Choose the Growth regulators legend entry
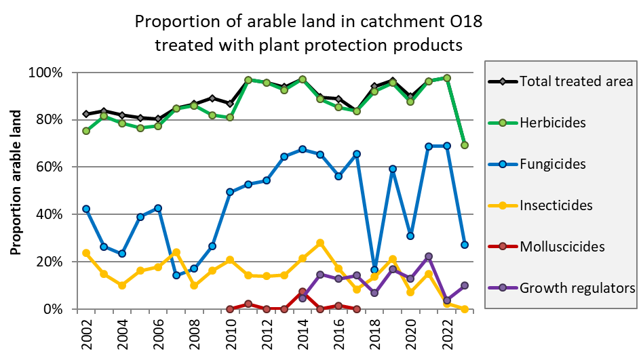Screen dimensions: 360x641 576,288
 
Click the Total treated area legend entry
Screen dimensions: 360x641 576,81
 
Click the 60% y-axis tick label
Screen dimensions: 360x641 50,167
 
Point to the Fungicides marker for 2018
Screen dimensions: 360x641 374,270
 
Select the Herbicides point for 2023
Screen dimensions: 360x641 465,145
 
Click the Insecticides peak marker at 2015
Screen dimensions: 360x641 320,243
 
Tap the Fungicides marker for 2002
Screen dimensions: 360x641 86,209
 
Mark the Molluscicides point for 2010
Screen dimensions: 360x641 230,308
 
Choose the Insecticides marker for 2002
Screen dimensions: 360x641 86,253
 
